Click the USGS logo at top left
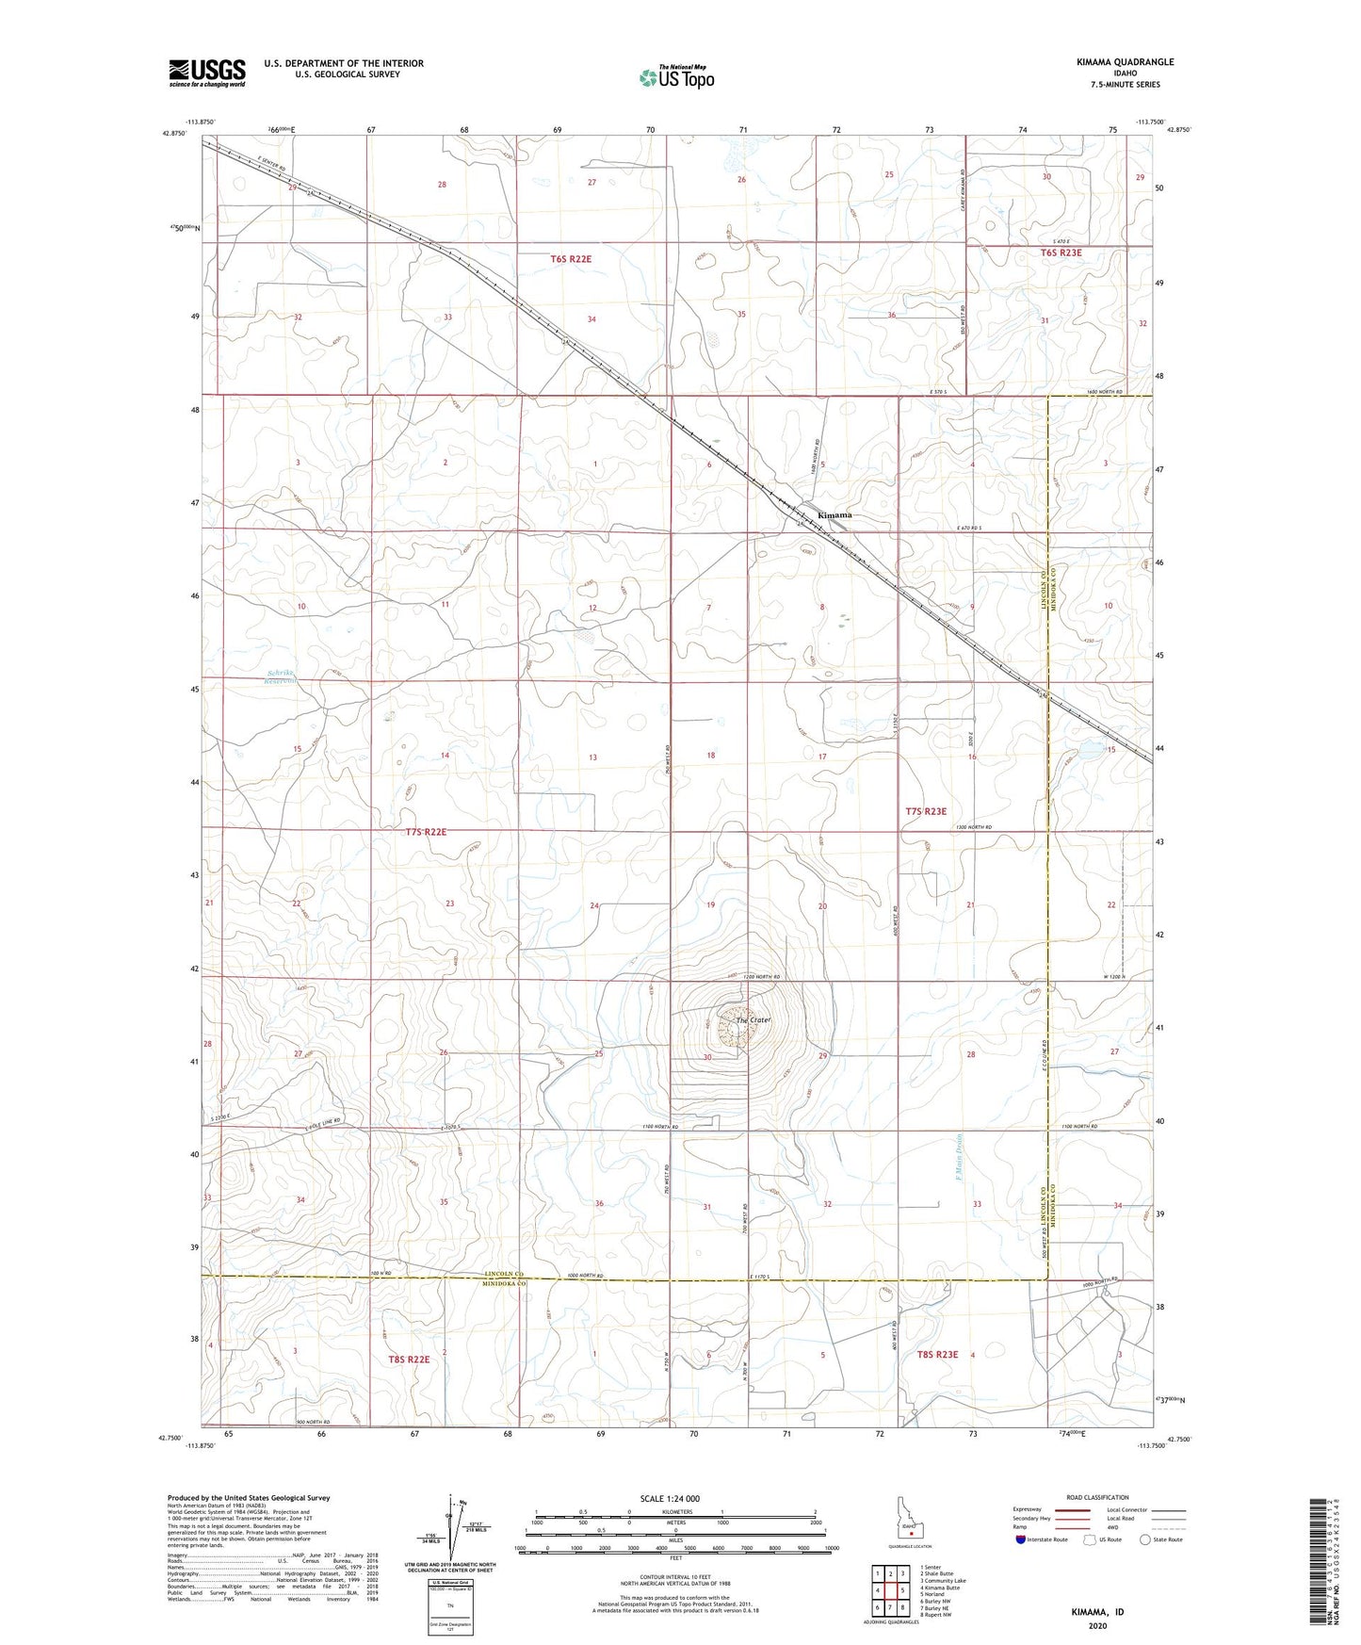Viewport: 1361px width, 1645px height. point(207,73)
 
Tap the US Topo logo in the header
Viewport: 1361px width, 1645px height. point(675,76)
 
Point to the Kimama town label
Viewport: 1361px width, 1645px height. point(834,515)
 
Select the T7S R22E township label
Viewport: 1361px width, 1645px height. point(426,832)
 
